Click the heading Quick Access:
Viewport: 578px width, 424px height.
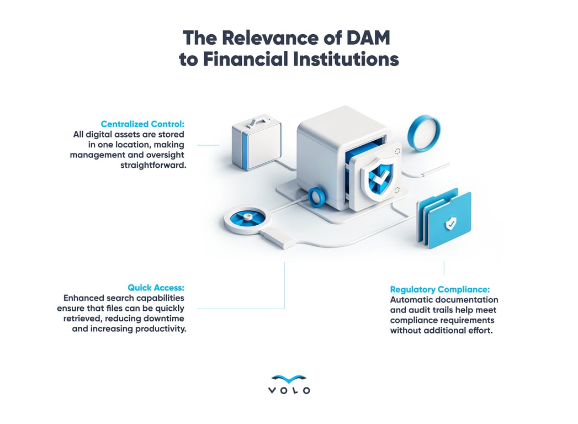156,288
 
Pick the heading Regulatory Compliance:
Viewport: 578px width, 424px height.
439,289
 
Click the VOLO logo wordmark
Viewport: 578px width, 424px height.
289,390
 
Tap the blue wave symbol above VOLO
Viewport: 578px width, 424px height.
289,379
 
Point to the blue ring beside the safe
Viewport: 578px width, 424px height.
424,132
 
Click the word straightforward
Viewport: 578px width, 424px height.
152,165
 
